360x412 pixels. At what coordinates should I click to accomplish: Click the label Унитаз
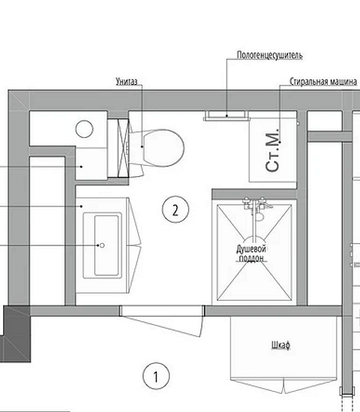point(127,82)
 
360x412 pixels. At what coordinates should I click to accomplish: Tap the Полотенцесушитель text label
point(270,56)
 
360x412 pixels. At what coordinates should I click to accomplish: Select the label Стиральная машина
point(323,82)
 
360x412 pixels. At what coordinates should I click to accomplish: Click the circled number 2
point(175,209)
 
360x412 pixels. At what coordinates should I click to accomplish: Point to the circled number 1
point(156,376)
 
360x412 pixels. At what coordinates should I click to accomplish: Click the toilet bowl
point(163,148)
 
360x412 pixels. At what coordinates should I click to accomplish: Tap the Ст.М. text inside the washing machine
point(272,150)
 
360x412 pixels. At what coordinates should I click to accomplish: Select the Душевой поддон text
point(251,254)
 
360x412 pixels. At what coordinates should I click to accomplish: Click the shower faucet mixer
point(254,203)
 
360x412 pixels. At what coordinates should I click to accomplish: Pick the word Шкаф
point(280,345)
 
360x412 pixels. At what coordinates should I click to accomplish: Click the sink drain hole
point(103,245)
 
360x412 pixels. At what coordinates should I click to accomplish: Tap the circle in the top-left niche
point(84,129)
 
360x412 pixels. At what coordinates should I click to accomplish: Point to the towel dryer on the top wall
point(226,116)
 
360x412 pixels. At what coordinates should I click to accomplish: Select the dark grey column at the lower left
point(16,334)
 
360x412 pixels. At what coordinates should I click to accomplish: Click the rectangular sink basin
point(106,245)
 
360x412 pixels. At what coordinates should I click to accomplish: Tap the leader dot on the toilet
point(142,146)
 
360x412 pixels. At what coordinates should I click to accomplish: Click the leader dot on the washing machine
point(280,142)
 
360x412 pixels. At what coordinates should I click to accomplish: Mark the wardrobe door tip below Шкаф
point(283,393)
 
